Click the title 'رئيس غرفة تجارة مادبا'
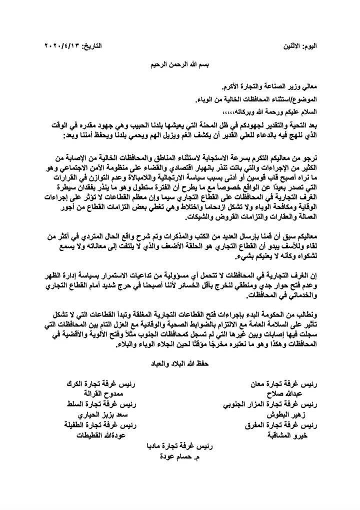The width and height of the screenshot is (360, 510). point(178,446)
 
